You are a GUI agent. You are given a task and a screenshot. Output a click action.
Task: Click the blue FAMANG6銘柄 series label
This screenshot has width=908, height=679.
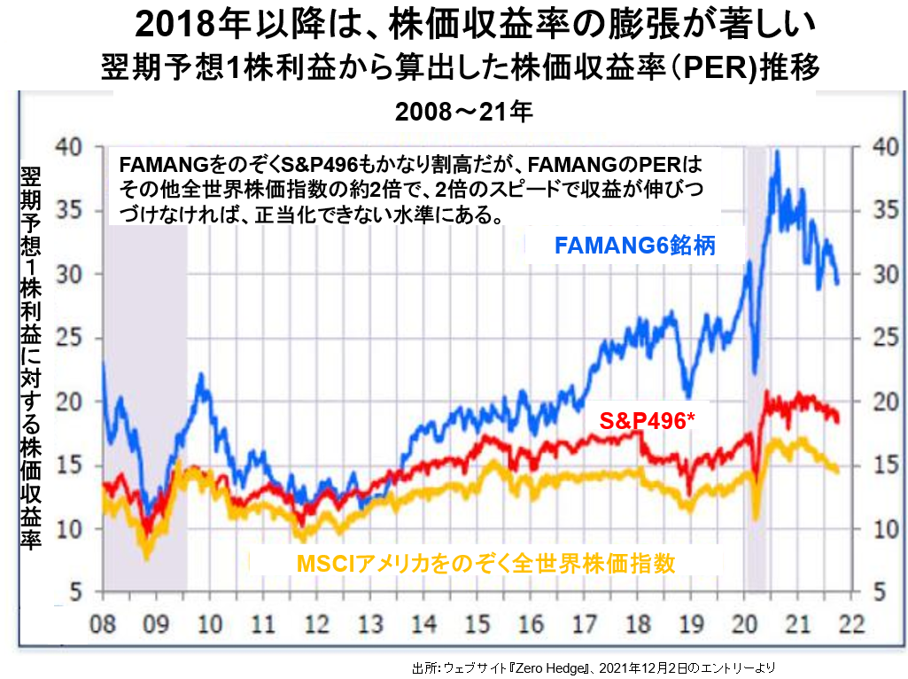coord(634,246)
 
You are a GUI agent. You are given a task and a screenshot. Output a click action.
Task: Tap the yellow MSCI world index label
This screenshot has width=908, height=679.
coord(486,562)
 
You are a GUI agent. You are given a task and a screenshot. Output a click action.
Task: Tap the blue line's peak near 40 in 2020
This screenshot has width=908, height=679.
coord(777,152)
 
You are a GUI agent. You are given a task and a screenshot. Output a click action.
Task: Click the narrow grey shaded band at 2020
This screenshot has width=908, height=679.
coord(756,368)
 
